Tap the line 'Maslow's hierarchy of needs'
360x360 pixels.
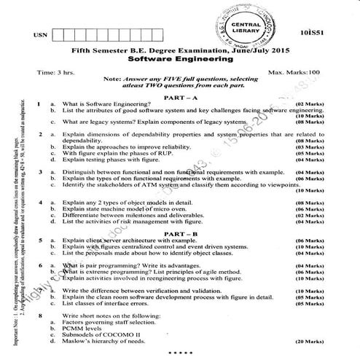click(105, 340)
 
